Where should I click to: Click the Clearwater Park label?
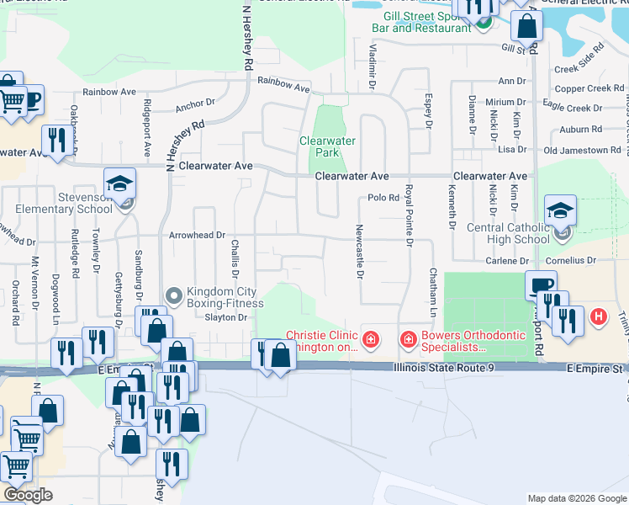327,146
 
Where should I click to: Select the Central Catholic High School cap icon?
561,211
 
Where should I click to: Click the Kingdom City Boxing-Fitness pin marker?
174,296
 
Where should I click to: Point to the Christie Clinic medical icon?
370,339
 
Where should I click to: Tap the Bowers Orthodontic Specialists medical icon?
408,339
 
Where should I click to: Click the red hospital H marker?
598,317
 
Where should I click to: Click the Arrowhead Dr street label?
198,237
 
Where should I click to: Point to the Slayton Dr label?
225,317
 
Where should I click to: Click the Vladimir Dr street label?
372,65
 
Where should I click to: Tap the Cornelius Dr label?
569,261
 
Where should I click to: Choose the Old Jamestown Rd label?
583,150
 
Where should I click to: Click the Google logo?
28,495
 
